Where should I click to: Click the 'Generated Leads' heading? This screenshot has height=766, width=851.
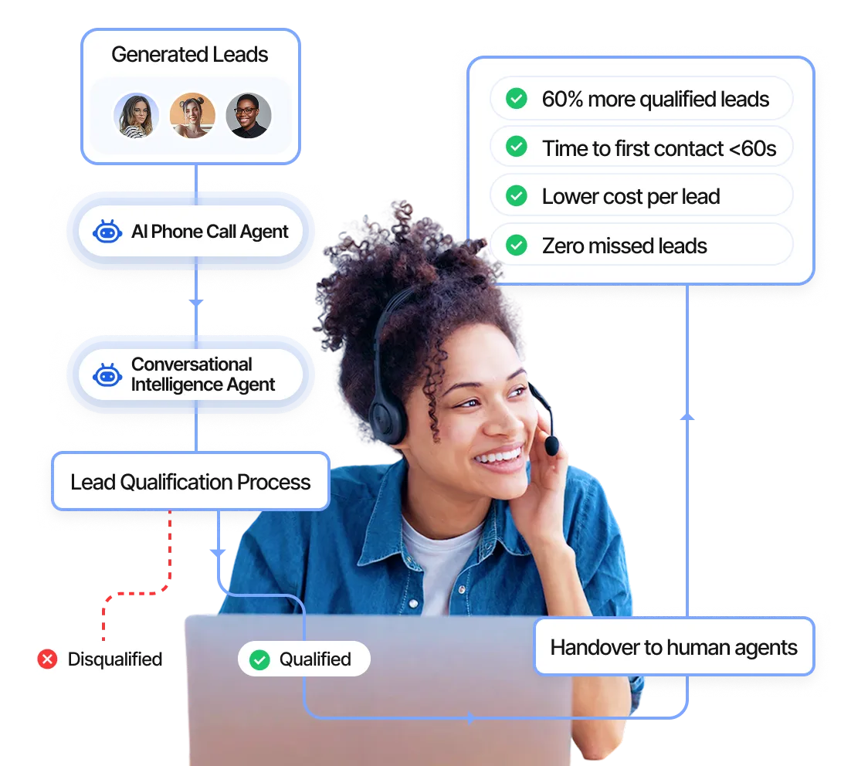[x=189, y=55]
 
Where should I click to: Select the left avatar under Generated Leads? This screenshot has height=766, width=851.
[x=136, y=116]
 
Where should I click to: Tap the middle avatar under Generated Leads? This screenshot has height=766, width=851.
[x=192, y=116]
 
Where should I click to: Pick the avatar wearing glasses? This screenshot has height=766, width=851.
[x=248, y=116]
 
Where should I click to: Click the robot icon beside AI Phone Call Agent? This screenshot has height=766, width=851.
[x=107, y=232]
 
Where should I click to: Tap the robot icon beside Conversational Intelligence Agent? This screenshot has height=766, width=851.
[x=107, y=375]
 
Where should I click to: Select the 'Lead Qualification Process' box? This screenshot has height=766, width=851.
[x=190, y=482]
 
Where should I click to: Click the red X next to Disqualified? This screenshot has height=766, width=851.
[x=48, y=659]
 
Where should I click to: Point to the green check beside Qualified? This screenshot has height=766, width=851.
[x=259, y=659]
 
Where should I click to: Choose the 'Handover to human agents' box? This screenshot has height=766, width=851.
[x=673, y=647]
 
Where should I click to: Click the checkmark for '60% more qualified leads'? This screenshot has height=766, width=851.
[x=516, y=99]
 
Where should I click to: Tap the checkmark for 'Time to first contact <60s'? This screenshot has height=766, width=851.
[x=516, y=147]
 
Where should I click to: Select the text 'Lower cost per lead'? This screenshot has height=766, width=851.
[x=630, y=197]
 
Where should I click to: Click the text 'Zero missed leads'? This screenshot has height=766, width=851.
[x=624, y=246]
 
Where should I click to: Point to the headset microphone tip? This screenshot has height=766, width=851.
[x=551, y=446]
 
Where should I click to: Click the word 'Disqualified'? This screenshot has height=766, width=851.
[x=115, y=659]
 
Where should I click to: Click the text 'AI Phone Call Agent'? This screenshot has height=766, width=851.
[x=210, y=232]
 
